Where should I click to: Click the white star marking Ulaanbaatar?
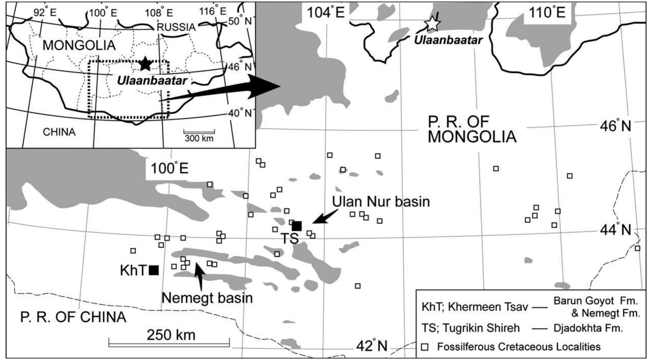433,23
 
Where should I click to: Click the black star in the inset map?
145,63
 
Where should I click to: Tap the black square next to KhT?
154,270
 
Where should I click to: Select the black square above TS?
297,226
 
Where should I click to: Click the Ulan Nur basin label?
381,202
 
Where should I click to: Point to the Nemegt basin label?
207,298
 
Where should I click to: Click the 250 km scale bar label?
171,335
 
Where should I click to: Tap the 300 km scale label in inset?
199,138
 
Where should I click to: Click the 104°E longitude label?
326,13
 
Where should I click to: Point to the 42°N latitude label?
372,346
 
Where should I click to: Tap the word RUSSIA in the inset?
176,27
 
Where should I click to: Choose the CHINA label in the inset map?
59,132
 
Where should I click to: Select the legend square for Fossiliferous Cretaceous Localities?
424,347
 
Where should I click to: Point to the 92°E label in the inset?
45,13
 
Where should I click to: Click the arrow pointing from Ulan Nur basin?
325,216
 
